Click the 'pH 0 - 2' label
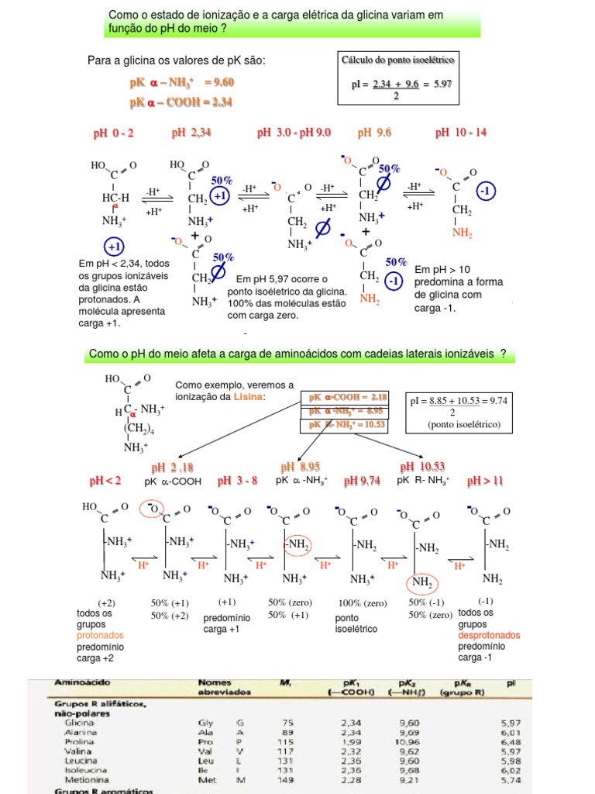tap(113, 133)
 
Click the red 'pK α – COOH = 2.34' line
tap(181, 102)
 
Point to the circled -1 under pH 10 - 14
tap(486, 191)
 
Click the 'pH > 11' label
tap(485, 481)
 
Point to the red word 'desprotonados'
tap(489, 635)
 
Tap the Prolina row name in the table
tap(81, 741)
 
